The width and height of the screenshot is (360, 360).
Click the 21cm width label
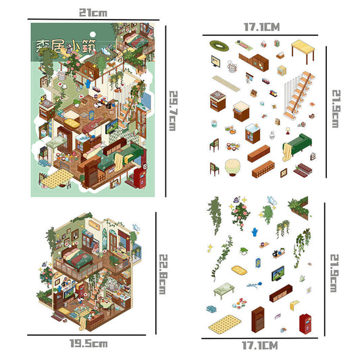pyautogui.click(x=93, y=12)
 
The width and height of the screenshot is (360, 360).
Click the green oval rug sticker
pyautogui.click(x=218, y=45)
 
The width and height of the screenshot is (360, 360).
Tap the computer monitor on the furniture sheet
pyautogui.click(x=215, y=61)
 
